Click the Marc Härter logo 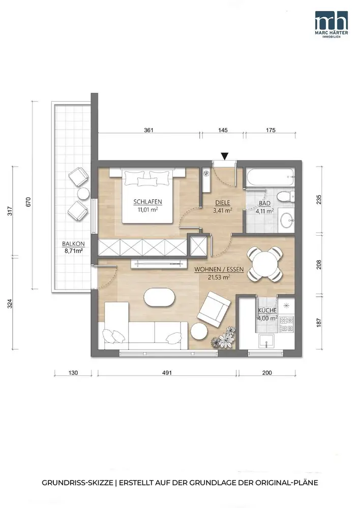(332, 24)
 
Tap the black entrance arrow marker (224, 156)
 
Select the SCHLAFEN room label (147, 202)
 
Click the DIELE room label (223, 203)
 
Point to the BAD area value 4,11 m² (264, 211)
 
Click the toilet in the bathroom (286, 196)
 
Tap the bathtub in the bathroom (270, 177)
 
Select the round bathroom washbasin (287, 220)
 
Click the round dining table (264, 264)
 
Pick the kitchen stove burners (287, 324)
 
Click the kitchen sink (266, 341)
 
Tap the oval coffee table (159, 297)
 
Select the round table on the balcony (83, 194)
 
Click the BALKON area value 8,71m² (73, 250)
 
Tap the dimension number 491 (167, 372)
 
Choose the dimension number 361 (148, 130)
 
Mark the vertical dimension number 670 (28, 202)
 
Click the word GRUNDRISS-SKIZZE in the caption (77, 483)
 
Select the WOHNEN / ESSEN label (219, 269)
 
